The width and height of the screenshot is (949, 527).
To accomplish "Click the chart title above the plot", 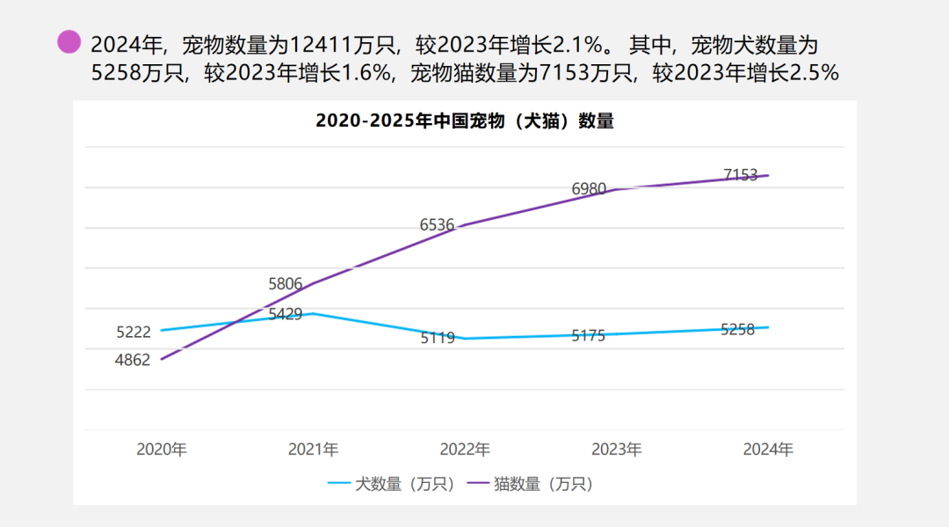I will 464,121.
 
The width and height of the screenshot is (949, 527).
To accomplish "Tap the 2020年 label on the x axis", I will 162,450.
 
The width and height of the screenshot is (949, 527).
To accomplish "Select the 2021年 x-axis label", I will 313,450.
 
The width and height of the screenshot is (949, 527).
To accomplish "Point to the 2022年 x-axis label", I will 465,450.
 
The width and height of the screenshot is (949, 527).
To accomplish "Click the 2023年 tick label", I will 616,450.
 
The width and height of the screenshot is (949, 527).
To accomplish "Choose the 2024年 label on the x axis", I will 768,450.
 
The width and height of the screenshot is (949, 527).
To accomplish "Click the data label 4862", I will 133,360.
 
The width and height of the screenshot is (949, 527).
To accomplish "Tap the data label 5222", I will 134,332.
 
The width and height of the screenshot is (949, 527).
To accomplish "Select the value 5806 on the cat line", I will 285,284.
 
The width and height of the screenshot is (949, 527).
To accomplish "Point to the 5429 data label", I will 286,314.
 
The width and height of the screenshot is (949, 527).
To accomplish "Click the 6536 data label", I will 438,224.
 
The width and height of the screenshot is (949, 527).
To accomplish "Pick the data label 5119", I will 438,338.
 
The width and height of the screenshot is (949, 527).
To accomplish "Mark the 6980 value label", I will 589,188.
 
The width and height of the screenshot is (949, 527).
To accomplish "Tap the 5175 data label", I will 589,335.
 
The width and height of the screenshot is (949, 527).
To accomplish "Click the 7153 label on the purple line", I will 741,175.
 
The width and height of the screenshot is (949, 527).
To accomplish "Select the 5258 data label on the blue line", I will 737,330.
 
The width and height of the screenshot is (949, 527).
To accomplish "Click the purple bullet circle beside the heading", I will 69,41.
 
